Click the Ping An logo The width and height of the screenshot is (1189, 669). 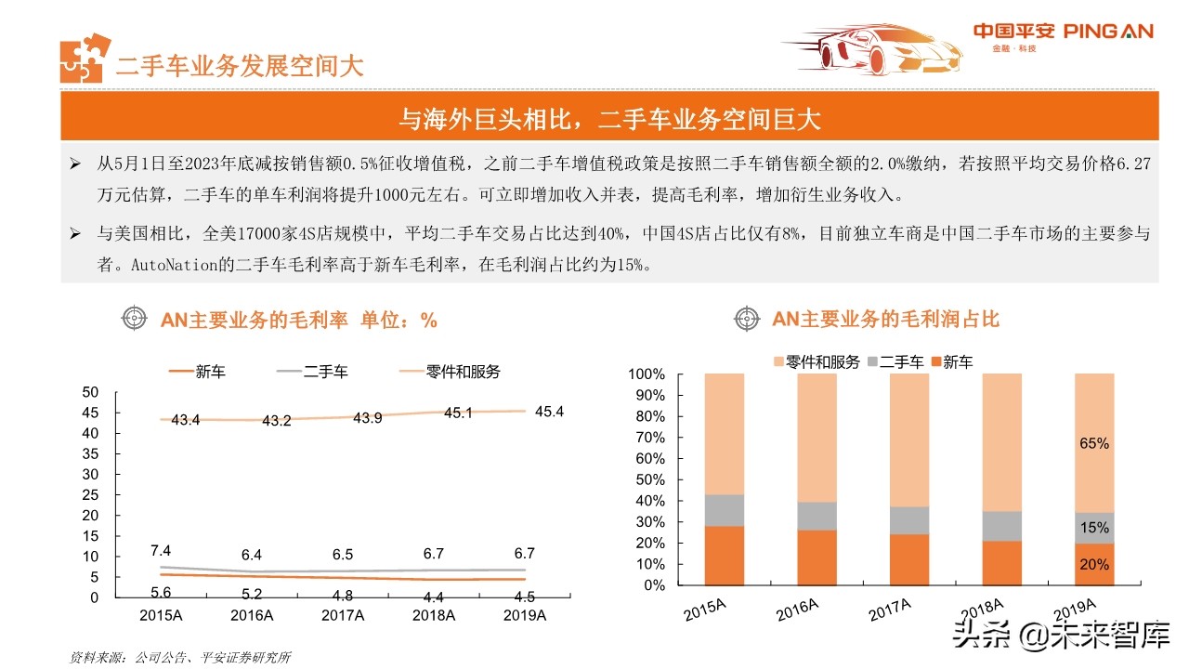coord(1063,35)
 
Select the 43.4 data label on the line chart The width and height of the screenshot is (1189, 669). coord(186,420)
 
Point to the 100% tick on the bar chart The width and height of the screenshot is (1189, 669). coord(647,374)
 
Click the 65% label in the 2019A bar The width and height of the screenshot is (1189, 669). coord(1093,444)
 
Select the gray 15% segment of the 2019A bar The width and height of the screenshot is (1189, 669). coord(1093,528)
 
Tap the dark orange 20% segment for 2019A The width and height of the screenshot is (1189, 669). coord(1093,564)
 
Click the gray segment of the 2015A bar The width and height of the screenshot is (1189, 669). coord(725,510)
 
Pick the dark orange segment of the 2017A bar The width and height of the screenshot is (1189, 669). coord(908,559)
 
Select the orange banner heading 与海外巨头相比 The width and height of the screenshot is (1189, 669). coord(609,119)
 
